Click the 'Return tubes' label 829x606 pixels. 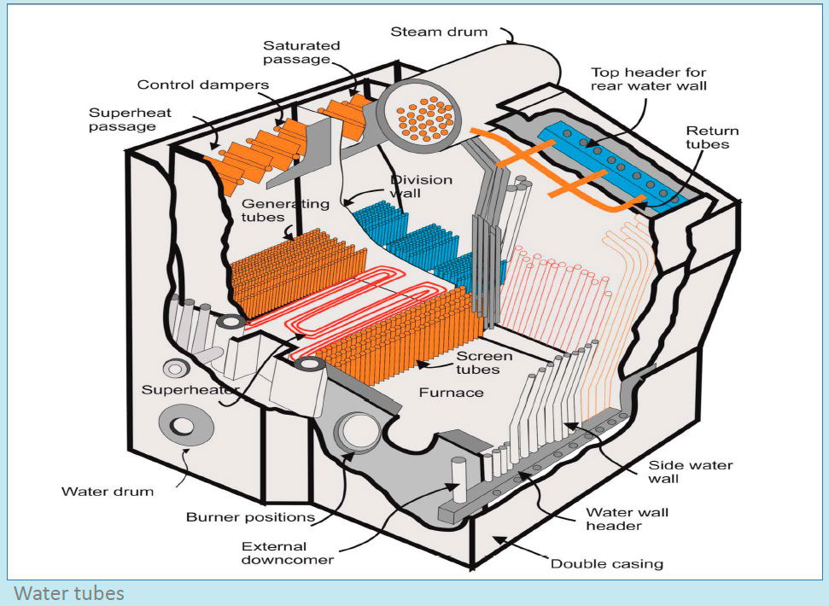(x=712, y=138)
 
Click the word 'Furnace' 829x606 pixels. (x=451, y=393)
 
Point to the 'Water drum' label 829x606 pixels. (x=108, y=492)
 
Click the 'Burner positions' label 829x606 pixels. (x=238, y=517)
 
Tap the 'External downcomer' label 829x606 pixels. (x=274, y=553)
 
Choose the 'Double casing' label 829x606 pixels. (x=606, y=563)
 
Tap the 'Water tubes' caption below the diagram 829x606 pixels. (x=69, y=592)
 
